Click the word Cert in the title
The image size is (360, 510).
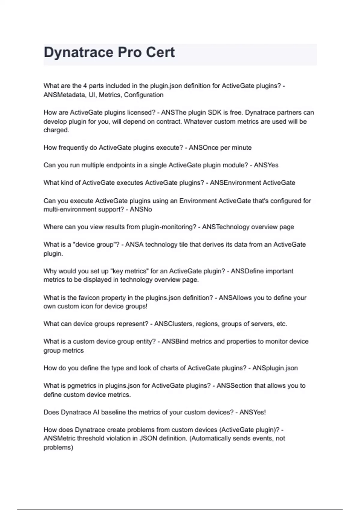tap(160, 52)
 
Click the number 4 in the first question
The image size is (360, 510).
tap(85, 86)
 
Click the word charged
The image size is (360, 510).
tap(56, 130)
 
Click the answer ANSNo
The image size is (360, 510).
tap(141, 209)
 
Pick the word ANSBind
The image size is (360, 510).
tap(175, 341)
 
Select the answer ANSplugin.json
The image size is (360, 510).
tap(275, 368)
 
